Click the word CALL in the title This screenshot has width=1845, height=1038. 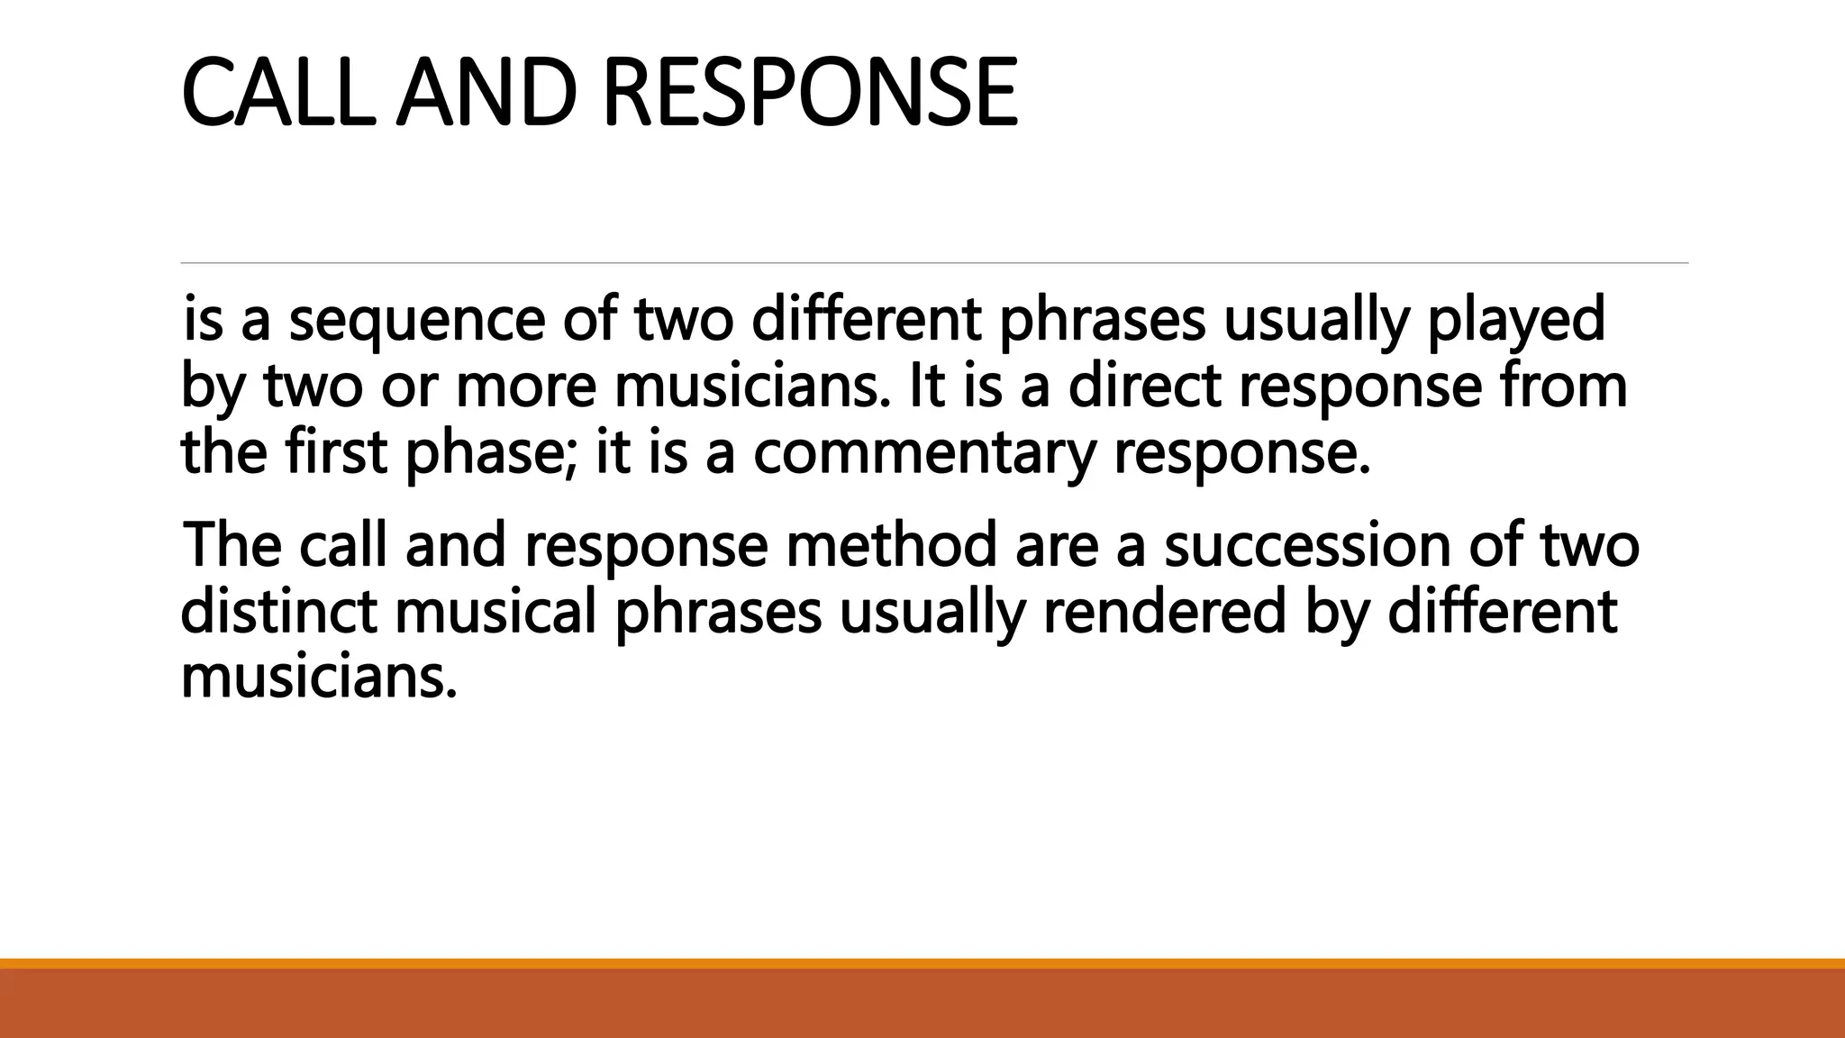click(278, 93)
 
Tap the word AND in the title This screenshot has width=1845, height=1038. click(486, 93)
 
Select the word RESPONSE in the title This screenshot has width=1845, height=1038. click(808, 93)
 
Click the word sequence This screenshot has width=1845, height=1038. click(416, 321)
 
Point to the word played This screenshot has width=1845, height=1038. click(1515, 321)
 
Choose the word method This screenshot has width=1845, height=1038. click(891, 546)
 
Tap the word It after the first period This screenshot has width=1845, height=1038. click(927, 387)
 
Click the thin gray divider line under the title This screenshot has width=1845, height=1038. click(934, 263)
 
